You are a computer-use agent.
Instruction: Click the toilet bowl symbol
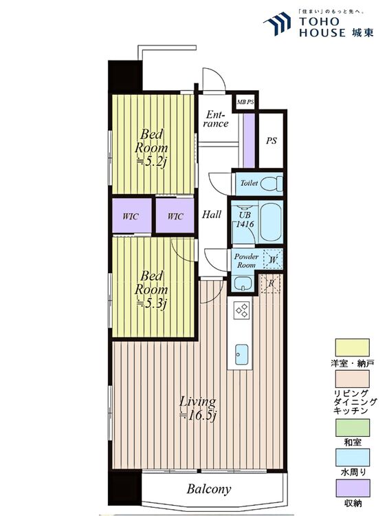click(272, 183)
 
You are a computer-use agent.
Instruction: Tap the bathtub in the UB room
click(272, 222)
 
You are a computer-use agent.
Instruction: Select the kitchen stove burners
click(241, 310)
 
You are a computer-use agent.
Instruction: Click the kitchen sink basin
click(242, 354)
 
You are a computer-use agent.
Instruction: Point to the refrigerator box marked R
click(271, 283)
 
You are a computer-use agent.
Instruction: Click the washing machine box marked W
click(273, 259)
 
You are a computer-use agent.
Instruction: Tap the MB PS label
click(245, 102)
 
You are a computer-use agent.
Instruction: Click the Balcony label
click(209, 489)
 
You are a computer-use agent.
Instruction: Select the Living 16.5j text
click(198, 409)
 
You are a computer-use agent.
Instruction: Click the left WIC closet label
click(131, 217)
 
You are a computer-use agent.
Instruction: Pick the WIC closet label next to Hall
click(175, 217)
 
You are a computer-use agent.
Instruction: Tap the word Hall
click(212, 215)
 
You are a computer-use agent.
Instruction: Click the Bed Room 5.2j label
click(151, 148)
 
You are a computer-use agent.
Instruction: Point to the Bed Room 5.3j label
click(151, 290)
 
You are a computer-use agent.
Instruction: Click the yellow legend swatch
click(352, 347)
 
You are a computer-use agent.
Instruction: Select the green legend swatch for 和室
click(352, 427)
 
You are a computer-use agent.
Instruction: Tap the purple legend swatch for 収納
click(352, 488)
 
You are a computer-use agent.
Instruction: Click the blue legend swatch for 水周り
click(352, 458)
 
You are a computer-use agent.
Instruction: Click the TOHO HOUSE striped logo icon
click(277, 23)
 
